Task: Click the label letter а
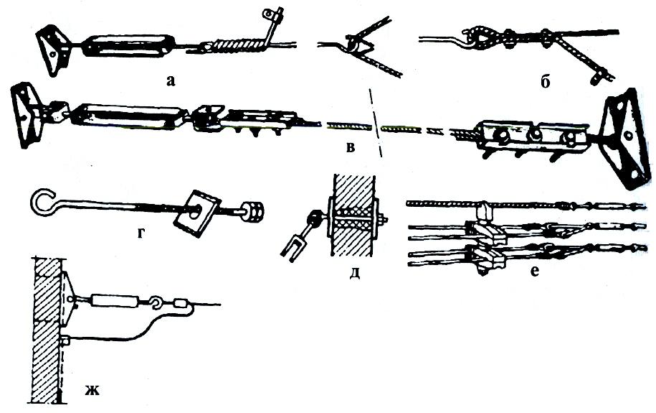pos(170,80)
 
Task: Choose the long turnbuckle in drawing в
pos(128,116)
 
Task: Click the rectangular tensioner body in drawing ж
pos(108,300)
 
